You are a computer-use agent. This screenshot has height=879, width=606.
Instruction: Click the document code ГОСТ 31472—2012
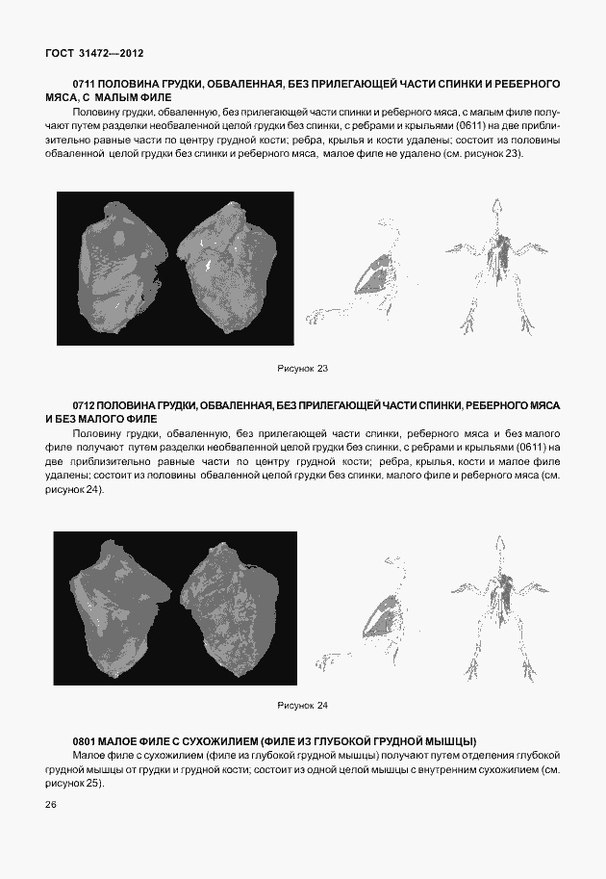pyautogui.click(x=94, y=53)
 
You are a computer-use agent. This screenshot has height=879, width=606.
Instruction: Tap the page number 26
pyautogui.click(x=51, y=804)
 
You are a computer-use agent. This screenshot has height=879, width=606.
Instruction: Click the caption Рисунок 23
pyautogui.click(x=303, y=369)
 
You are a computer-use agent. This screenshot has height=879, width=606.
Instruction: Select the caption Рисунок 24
pyautogui.click(x=303, y=706)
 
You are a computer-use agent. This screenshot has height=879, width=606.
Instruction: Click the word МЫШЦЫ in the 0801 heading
pyautogui.click(x=452, y=740)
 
